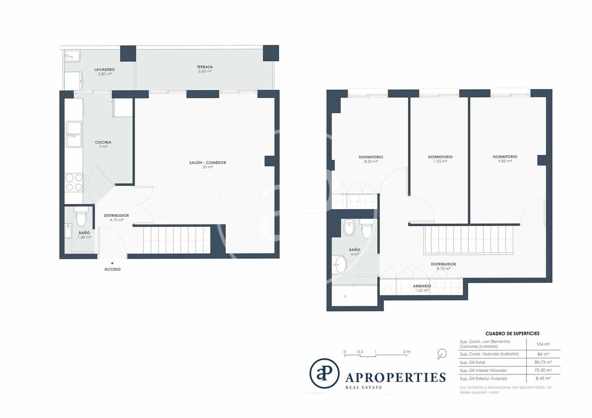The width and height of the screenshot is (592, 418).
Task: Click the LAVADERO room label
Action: [104, 70]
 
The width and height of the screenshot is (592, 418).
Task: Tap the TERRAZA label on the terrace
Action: [205, 67]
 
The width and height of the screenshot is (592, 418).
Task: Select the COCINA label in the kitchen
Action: [103, 142]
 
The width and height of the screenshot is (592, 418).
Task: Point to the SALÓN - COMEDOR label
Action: [207, 163]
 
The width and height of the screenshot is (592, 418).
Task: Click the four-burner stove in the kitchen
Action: [74, 183]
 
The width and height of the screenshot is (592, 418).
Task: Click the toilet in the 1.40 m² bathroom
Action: [81, 218]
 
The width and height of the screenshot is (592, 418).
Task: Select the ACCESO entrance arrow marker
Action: [112, 263]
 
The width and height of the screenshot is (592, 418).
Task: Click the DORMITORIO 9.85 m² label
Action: [505, 157]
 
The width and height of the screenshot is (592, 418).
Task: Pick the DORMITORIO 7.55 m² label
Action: [440, 157]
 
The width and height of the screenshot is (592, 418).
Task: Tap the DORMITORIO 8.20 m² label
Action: [371, 157]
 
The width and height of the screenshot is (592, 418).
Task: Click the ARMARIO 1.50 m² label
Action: [422, 286]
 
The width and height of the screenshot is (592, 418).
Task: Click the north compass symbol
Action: [442, 353]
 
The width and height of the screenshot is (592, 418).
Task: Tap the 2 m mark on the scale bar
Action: [406, 352]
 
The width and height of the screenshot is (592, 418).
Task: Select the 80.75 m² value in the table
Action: [543, 362]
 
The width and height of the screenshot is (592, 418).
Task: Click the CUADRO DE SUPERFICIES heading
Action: [512, 333]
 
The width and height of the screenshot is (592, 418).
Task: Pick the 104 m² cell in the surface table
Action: [543, 344]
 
